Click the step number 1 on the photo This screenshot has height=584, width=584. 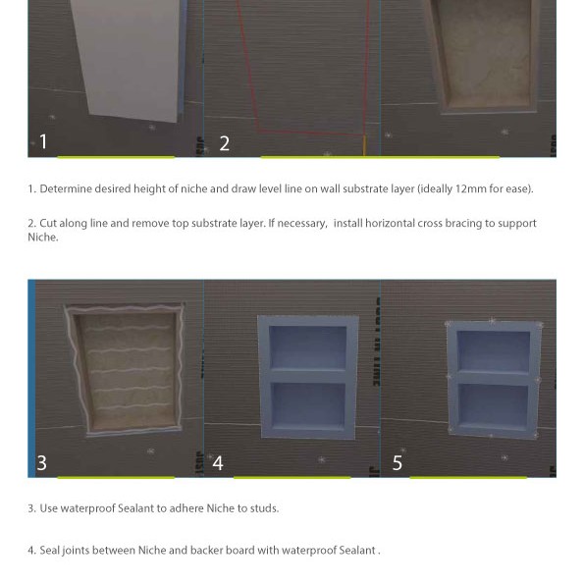coord(43,141)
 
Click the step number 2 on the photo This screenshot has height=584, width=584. coord(224,143)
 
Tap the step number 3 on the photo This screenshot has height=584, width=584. coord(41,462)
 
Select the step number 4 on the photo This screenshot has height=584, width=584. coord(218,462)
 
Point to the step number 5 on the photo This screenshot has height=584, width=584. coord(397,462)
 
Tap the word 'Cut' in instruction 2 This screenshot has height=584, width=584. coord(49,224)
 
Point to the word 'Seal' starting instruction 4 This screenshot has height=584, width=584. coord(50,551)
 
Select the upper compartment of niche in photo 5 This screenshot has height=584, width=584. coord(493,350)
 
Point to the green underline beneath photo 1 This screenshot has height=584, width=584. coord(115,157)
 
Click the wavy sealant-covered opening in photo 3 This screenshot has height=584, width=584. coord(125,368)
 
